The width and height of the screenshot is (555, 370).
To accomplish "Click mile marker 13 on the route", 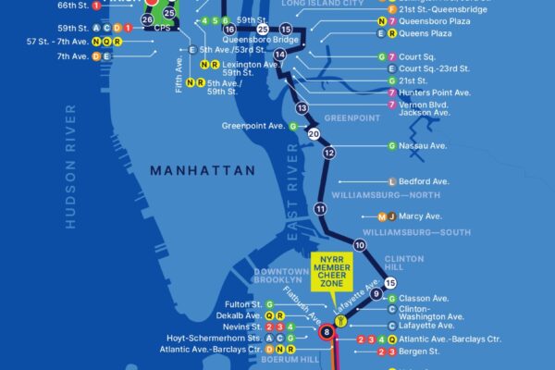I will coord(301,108).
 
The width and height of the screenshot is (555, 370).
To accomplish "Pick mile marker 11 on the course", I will coord(320,209).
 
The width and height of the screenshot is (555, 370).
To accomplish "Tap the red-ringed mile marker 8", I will coord(325,332).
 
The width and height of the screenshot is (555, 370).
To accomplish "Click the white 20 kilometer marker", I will coord(314,133).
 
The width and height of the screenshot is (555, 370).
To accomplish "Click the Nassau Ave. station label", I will coord(425,146).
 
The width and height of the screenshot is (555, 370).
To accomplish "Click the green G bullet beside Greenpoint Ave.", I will coord(293,126).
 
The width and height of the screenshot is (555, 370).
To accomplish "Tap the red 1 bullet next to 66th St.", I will coord(97,6).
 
